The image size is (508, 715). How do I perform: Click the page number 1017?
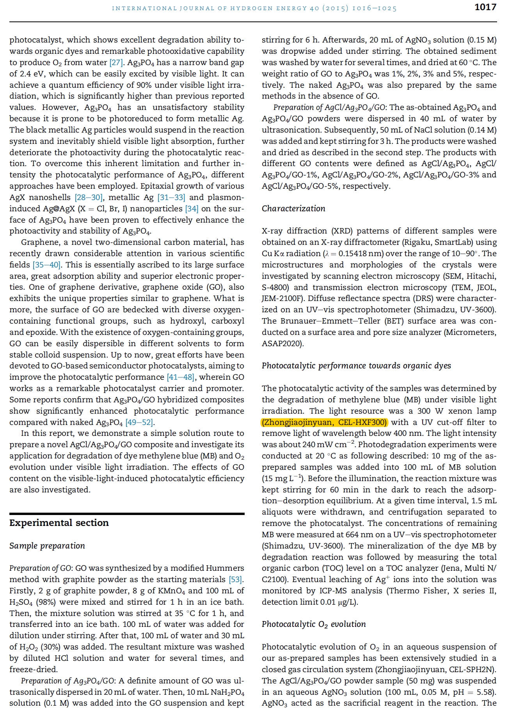click(485, 7)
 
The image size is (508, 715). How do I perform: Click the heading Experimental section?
click(59, 523)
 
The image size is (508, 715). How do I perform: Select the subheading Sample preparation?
click(47, 546)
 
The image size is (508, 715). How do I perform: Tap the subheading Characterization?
click(293, 209)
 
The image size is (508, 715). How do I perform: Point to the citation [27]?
click(116, 62)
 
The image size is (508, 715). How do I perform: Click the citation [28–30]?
click(89, 197)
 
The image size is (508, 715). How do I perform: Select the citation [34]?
click(192, 209)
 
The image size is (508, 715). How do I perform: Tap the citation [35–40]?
click(47, 265)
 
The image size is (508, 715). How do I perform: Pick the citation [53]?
click(235, 579)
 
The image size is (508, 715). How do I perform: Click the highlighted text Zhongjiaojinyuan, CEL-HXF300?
click(324, 422)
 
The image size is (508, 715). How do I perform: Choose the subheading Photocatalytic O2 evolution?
click(314, 624)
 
